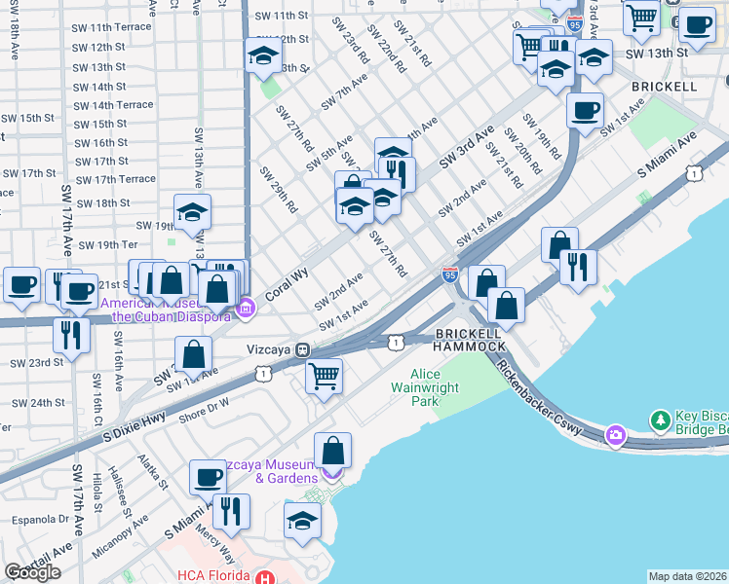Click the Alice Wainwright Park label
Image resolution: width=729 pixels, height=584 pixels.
[x=439, y=387]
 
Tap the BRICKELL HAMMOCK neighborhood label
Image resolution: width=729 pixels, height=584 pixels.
[x=470, y=339]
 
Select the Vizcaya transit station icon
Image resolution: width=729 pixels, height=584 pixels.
[x=304, y=349]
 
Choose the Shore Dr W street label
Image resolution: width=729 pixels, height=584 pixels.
[x=205, y=409]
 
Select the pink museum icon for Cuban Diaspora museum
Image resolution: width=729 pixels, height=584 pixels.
[x=246, y=310]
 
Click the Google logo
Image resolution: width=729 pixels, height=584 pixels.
[x=32, y=572]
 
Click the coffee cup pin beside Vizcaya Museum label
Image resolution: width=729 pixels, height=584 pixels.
[x=208, y=476]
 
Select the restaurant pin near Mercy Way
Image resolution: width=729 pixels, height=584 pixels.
[x=231, y=510]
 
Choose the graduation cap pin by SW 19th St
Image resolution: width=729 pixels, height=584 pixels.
[x=193, y=211]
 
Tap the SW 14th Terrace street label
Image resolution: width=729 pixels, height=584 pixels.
[x=114, y=105]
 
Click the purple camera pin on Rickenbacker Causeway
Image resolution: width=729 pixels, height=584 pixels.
[x=615, y=434]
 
